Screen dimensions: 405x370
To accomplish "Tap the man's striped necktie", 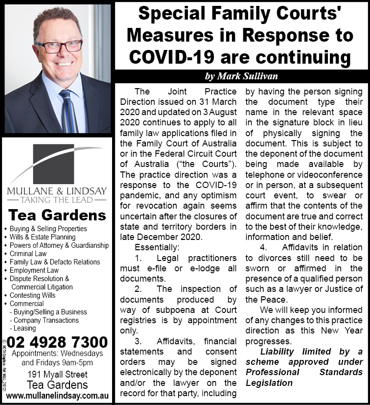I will (68, 111).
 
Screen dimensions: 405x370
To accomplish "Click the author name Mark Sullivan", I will (241, 76).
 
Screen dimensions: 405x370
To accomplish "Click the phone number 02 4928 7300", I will (57, 341).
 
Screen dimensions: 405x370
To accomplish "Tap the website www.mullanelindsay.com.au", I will (56, 395).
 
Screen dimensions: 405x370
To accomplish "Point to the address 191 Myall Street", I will (57, 375).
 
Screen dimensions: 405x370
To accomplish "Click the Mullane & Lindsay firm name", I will (56, 191).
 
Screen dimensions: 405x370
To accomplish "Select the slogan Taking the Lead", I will (56, 200).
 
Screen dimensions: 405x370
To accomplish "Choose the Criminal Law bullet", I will (29, 254).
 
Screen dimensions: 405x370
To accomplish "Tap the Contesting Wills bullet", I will (33, 295).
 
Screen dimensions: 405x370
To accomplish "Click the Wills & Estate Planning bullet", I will (43, 237).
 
